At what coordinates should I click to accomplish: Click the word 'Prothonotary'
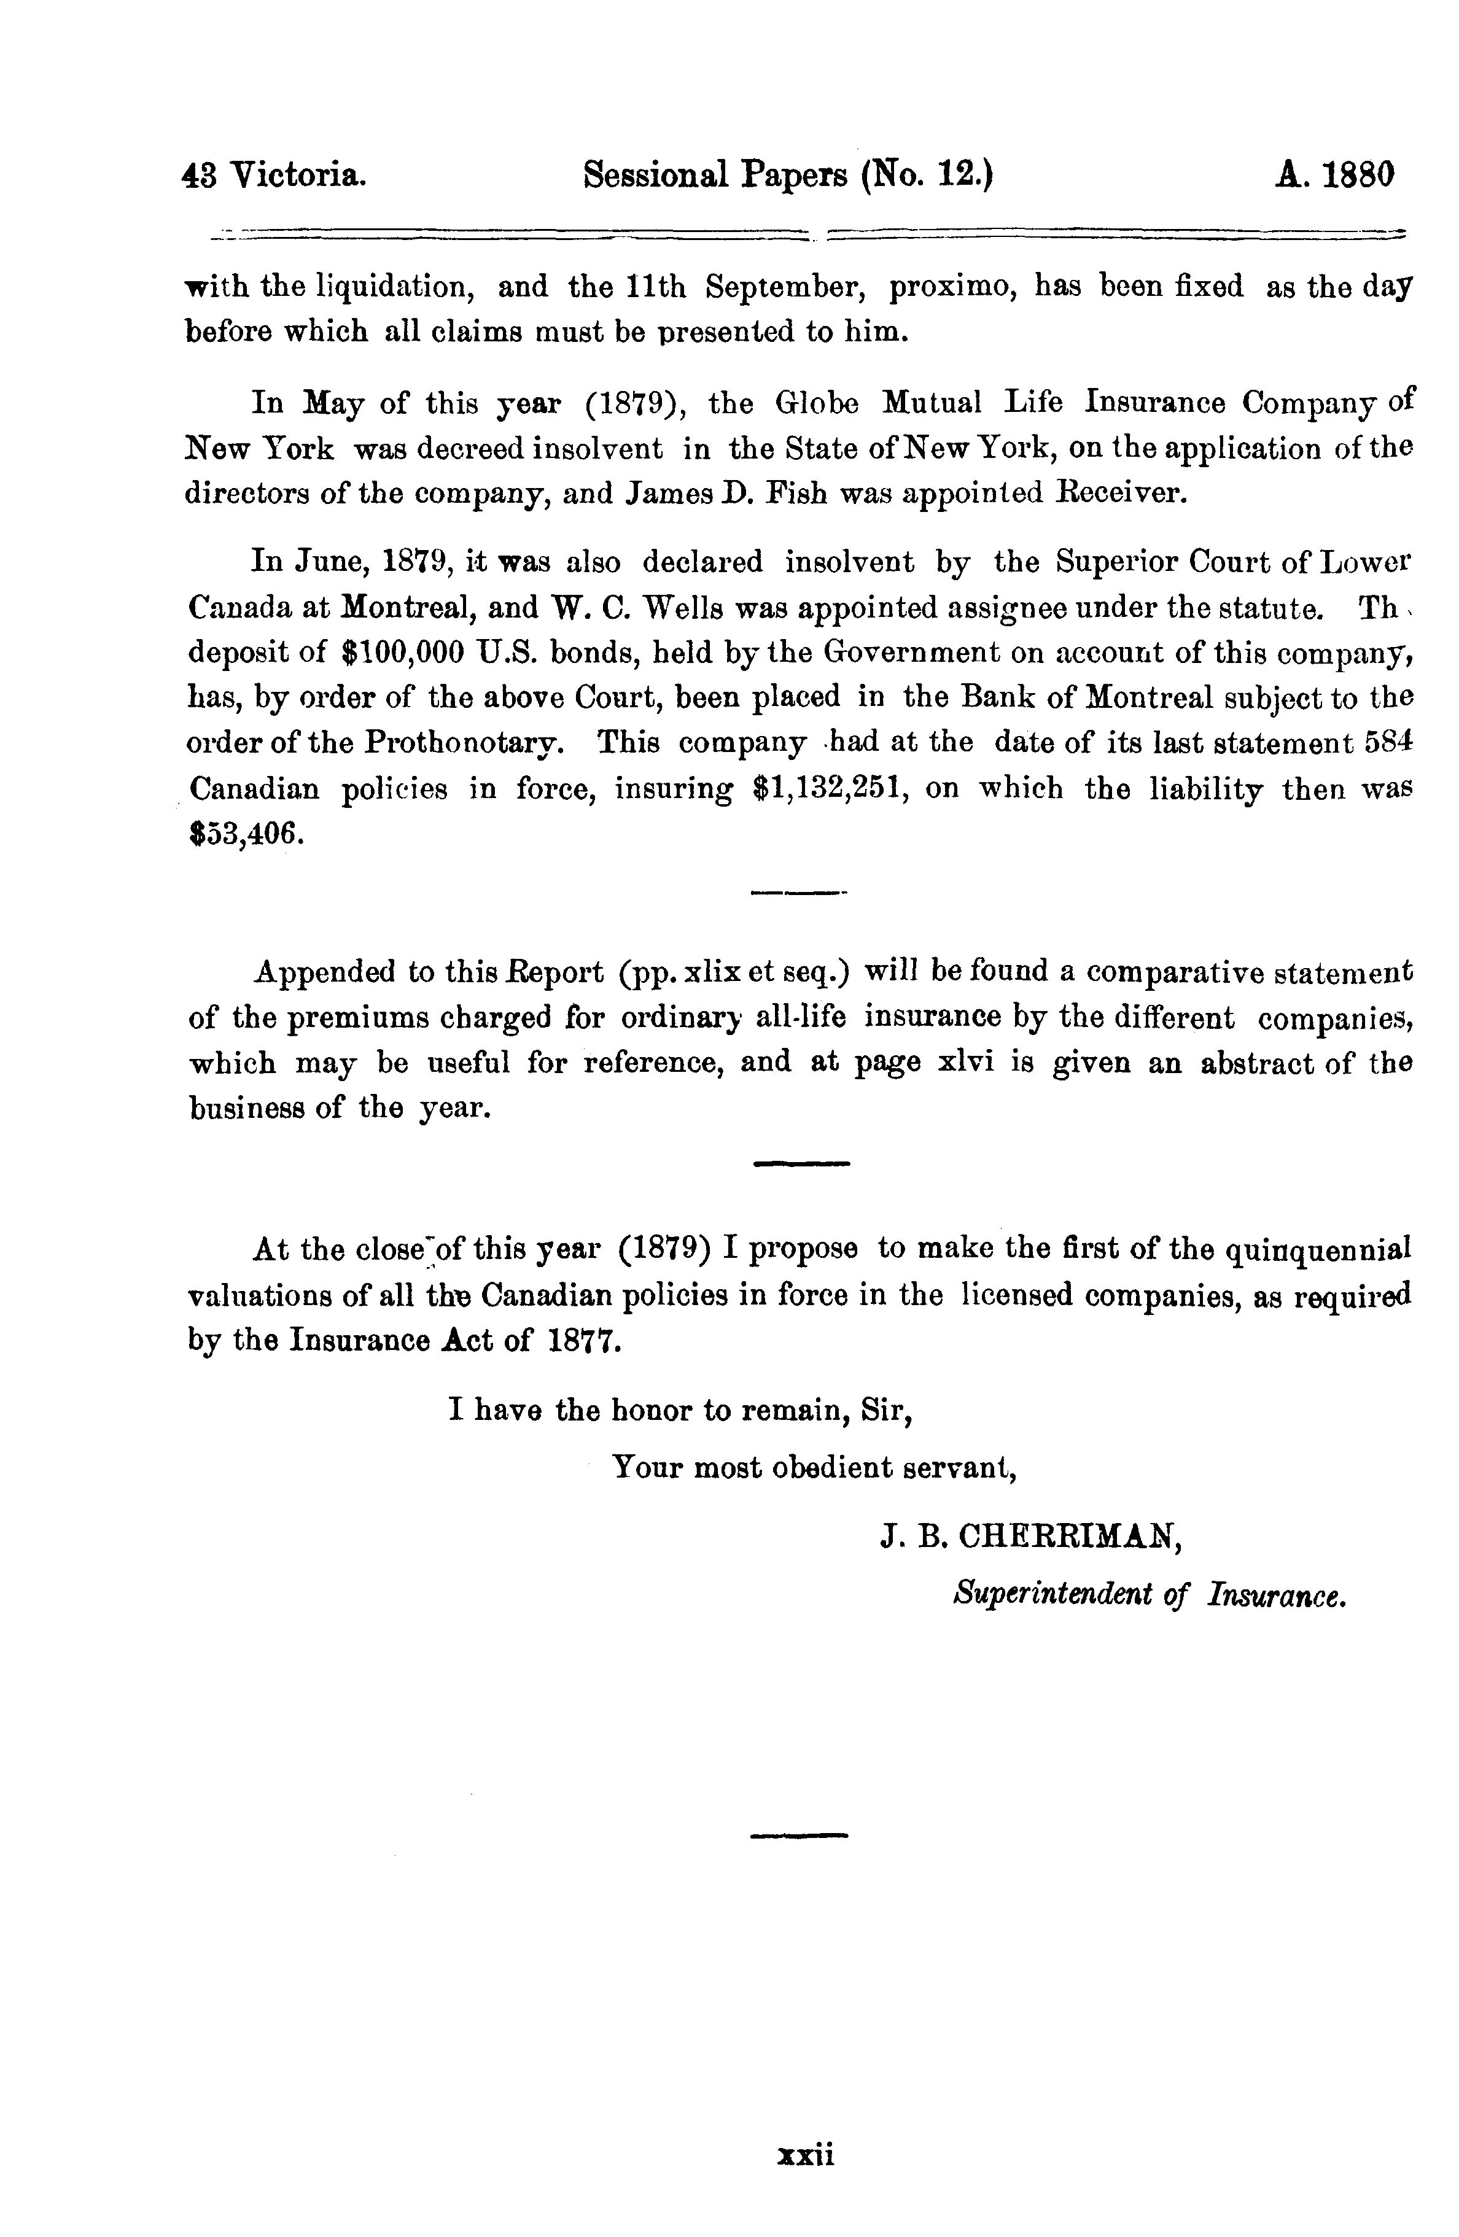[x=464, y=743]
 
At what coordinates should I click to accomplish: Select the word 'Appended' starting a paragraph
[x=324, y=972]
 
